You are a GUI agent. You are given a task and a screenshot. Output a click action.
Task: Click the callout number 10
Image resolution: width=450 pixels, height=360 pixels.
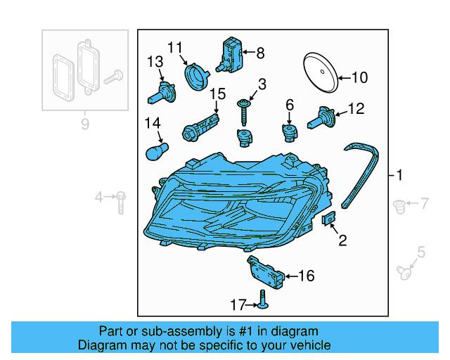click(359, 78)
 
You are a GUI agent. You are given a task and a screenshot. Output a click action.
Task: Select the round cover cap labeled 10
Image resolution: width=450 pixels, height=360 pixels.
click(319, 71)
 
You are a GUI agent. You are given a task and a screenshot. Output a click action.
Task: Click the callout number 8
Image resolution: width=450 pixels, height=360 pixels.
click(260, 53)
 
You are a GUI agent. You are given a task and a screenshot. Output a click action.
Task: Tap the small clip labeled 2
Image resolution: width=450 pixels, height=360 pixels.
click(328, 220)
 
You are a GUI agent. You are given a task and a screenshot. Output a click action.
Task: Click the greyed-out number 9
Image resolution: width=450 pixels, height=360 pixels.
click(84, 125)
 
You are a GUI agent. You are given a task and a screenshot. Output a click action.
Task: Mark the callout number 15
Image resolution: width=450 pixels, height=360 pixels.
click(217, 94)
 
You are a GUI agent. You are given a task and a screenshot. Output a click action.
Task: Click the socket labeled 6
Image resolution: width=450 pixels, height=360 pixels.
click(290, 131)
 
